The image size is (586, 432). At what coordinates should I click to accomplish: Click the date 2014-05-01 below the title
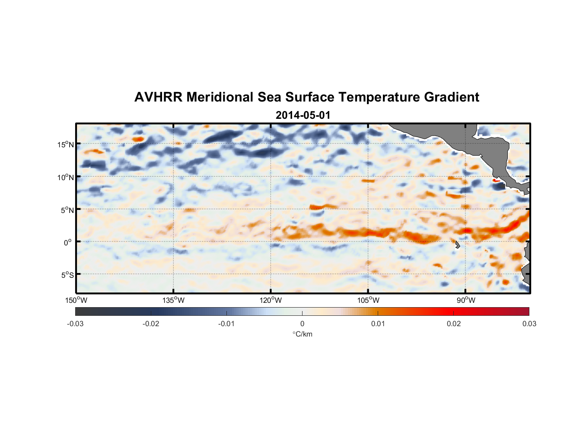click(x=303, y=115)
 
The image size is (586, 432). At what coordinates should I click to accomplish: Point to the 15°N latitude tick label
click(x=66, y=145)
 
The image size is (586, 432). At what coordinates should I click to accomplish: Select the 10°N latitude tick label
click(x=66, y=178)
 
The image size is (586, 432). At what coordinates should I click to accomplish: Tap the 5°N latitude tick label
click(x=67, y=210)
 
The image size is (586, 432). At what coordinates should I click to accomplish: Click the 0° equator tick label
click(x=68, y=243)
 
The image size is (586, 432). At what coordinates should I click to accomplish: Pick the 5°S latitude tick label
click(x=67, y=275)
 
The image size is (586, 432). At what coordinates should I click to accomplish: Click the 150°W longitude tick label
click(x=76, y=300)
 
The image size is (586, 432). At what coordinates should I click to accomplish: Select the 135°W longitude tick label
click(x=173, y=300)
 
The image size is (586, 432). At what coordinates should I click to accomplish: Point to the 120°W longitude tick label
click(x=271, y=300)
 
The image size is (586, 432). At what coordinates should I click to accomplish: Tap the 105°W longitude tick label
click(x=368, y=300)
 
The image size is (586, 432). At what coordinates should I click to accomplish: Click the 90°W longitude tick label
click(x=465, y=300)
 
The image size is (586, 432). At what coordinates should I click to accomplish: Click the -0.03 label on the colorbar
click(x=75, y=324)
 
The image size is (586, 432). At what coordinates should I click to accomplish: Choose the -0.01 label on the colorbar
click(x=226, y=324)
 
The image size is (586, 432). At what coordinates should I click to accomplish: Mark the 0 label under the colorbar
click(x=302, y=324)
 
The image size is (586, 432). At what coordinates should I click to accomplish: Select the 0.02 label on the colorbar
click(x=454, y=324)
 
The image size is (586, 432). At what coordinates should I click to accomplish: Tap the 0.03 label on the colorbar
click(x=529, y=324)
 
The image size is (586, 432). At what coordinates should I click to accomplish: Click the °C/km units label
click(x=302, y=334)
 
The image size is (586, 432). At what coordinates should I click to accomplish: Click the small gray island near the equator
click(x=457, y=245)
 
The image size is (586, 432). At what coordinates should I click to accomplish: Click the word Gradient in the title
click(x=452, y=97)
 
